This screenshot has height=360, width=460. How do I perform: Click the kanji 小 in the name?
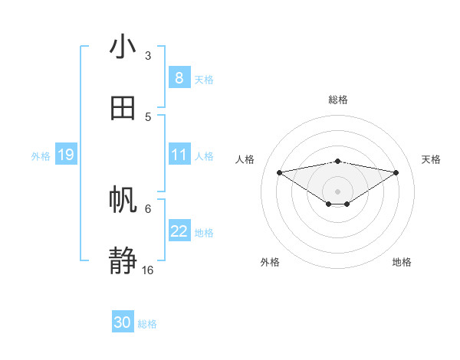tap(123, 47)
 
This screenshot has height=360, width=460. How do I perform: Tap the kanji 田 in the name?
tap(123, 108)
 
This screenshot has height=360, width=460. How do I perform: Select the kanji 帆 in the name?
tap(123, 200)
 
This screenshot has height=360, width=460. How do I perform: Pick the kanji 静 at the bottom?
tap(123, 261)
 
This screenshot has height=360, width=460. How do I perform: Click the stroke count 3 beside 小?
tap(148, 56)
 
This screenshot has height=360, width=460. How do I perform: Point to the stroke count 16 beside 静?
tap(148, 270)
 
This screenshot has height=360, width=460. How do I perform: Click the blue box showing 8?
tap(179, 78)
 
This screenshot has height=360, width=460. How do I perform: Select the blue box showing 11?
tap(179, 155)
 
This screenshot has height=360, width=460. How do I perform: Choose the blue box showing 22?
tap(179, 231)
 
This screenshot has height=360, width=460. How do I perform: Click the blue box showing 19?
tap(65, 155)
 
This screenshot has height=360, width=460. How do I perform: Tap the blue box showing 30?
tap(123, 323)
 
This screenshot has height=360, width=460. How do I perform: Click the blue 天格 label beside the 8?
tap(204, 79)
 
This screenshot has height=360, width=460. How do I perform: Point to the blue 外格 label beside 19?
tap(41, 156)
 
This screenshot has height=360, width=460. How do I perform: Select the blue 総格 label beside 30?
tap(147, 324)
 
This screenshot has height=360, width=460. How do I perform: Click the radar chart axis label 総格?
tap(338, 100)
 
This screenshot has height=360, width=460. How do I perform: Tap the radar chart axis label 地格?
tap(402, 262)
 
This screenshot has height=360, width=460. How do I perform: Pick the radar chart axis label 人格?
tap(245, 159)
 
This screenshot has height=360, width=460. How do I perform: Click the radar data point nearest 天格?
tap(396, 172)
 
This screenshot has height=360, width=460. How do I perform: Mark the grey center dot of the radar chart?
tap(338, 191)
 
